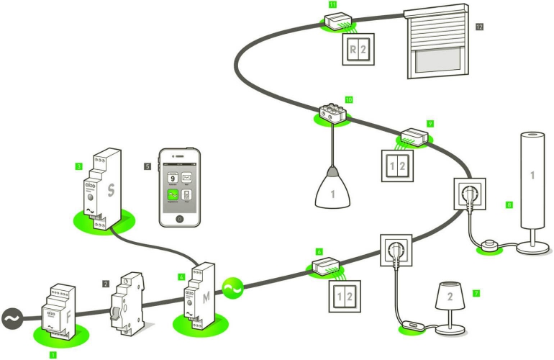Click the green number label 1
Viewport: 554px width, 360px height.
click(53, 355)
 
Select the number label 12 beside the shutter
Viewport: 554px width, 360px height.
click(479, 27)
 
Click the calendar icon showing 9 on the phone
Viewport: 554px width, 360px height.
click(172, 178)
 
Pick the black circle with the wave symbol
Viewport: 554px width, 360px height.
click(12, 318)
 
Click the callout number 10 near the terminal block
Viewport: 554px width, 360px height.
click(348, 99)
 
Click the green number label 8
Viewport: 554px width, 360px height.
click(509, 205)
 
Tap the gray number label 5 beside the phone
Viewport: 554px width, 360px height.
click(147, 166)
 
